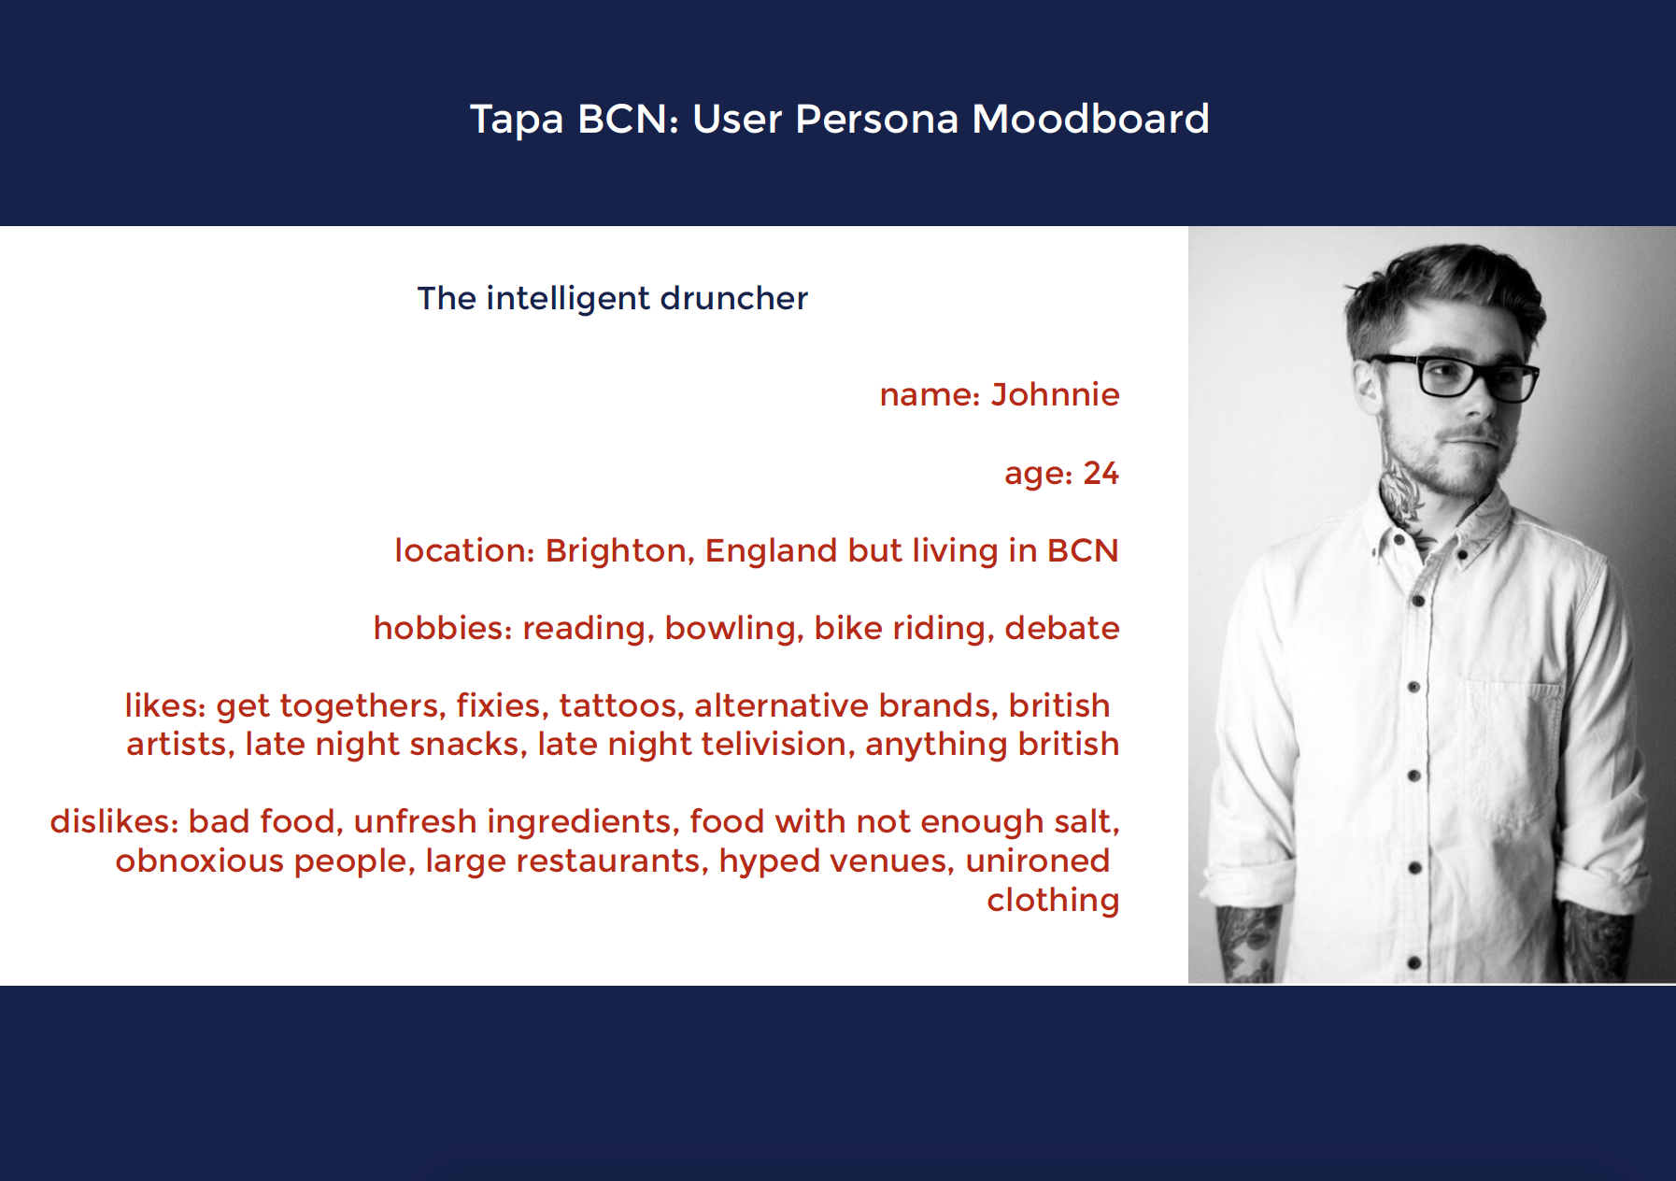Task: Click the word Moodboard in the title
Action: coord(1090,119)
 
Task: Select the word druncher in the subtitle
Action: coord(734,298)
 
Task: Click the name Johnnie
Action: coord(1055,394)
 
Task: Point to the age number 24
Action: coord(1101,473)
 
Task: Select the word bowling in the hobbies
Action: coord(733,629)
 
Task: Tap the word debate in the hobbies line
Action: coord(1061,628)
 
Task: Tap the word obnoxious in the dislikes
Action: coord(200,861)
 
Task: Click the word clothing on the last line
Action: coord(1053,900)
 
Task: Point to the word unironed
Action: coord(1037,861)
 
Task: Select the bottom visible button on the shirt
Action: coord(1413,962)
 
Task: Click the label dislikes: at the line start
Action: coord(114,821)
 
